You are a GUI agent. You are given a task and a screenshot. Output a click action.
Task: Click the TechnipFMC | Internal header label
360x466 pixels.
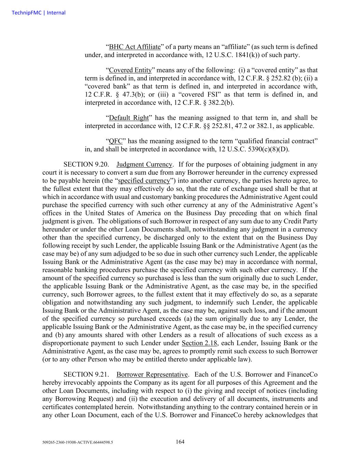[38, 13]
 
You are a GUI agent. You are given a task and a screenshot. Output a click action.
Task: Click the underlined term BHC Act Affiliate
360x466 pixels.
[134, 47]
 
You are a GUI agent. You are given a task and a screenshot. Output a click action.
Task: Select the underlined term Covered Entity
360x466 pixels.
[130, 70]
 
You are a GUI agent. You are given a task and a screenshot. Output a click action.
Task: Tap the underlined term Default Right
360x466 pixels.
[129, 118]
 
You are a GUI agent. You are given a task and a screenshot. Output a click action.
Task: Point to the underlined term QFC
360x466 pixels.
[116, 141]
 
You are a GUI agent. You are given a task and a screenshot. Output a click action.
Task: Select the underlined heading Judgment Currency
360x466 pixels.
[144, 165]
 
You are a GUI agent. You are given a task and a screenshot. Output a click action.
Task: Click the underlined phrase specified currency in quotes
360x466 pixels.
[144, 181]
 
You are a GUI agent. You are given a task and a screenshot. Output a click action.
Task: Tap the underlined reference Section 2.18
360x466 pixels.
[199, 343]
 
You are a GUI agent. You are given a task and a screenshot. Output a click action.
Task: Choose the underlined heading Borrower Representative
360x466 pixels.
[152, 375]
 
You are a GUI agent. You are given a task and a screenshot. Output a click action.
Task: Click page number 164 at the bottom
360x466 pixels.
[180, 442]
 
